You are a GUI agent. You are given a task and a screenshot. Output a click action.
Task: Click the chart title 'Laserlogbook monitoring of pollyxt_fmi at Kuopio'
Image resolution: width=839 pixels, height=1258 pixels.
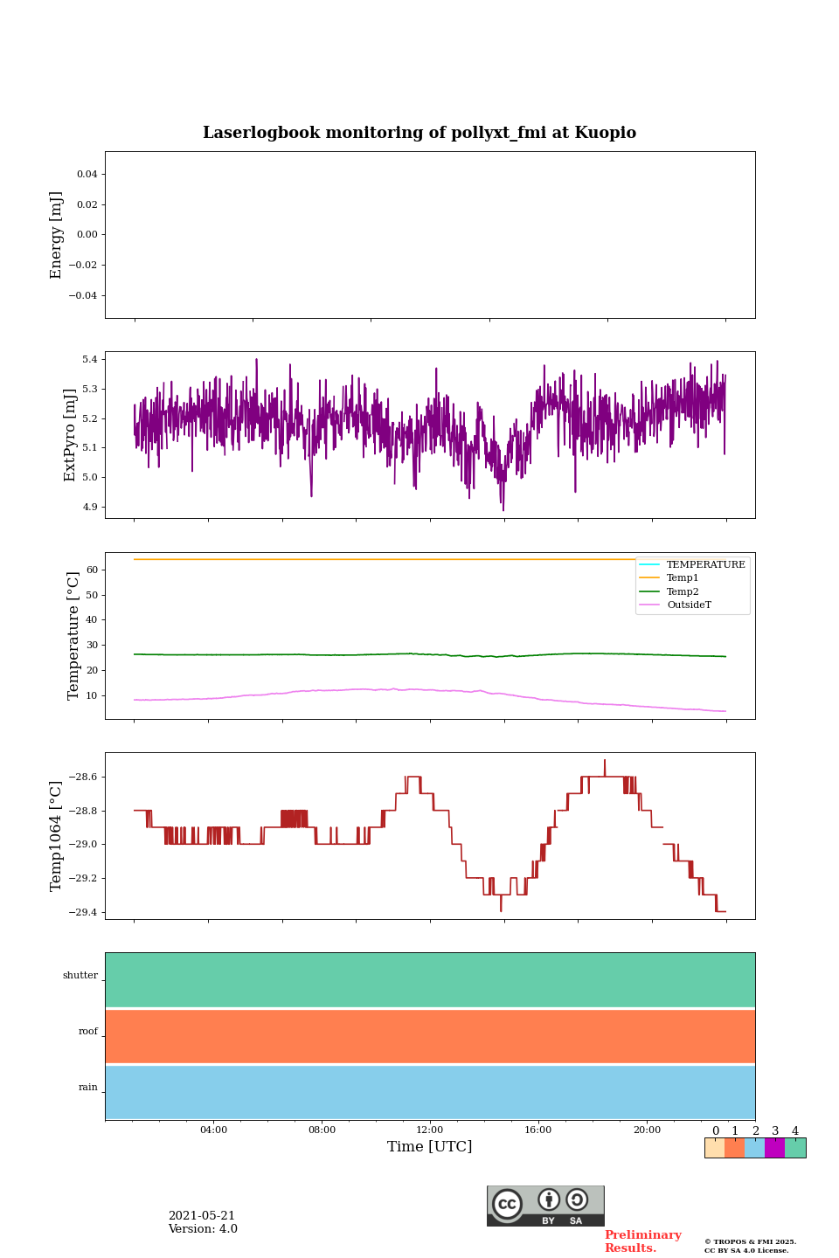pos(419,133)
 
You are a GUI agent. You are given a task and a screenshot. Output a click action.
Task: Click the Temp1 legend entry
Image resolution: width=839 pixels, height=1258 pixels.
pos(682,578)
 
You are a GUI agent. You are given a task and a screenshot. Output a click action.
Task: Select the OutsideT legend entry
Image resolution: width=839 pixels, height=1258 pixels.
pos(689,605)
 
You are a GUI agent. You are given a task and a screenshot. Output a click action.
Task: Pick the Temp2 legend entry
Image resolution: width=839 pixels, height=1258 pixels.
pos(682,592)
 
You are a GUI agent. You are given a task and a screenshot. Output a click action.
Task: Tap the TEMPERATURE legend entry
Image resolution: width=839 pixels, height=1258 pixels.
pos(705,565)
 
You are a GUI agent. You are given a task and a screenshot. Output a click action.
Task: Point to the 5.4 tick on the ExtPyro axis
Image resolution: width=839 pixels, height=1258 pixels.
pos(89,360)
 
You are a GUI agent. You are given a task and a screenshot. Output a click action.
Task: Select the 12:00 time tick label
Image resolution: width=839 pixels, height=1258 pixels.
pos(430,1130)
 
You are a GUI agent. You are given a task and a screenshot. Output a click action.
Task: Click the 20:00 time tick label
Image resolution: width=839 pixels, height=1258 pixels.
pos(647,1130)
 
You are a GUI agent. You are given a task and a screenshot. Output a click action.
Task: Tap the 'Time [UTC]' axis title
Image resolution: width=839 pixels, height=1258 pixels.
pos(430,1147)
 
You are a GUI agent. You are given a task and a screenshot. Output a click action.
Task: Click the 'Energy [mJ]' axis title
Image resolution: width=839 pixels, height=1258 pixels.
pos(57,235)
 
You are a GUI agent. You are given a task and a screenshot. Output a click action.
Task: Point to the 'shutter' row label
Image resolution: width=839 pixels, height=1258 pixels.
pos(80,976)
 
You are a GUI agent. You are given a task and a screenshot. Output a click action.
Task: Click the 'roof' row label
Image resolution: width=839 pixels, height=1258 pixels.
pos(88,1032)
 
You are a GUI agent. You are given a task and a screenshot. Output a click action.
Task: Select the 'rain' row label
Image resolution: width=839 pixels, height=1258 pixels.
pos(88,1088)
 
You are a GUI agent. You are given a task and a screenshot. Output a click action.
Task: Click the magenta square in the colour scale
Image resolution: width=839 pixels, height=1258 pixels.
pos(774,1148)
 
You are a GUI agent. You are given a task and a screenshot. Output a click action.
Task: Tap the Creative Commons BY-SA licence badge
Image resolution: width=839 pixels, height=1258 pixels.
pos(545,1206)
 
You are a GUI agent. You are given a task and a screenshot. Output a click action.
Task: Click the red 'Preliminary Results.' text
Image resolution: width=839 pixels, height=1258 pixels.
pos(642,1241)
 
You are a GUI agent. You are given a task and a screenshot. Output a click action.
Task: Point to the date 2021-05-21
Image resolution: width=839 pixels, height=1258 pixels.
pos(202,1216)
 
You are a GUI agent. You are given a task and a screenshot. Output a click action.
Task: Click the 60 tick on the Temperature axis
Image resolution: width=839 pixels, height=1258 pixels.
pos(91,570)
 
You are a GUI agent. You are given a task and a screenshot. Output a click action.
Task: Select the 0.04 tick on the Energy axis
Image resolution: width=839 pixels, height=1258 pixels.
pos(87,175)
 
